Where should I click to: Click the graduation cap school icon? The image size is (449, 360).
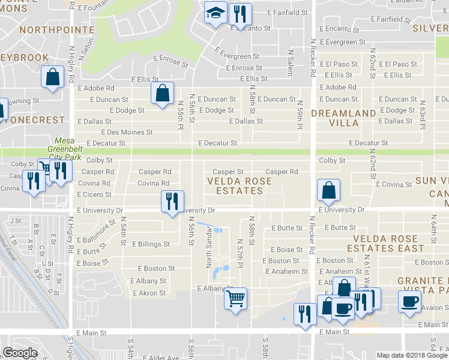[x=214, y=13]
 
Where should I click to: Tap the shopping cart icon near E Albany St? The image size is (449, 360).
[x=236, y=298]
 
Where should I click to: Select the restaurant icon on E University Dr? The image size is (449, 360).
[x=172, y=201]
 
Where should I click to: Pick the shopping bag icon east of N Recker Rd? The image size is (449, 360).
[x=329, y=191]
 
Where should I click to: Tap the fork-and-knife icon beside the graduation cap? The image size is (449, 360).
[x=240, y=13]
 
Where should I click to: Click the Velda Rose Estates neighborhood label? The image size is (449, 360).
[x=235, y=185]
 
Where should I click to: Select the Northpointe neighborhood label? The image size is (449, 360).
[x=56, y=29]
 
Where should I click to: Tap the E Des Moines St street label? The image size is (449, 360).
[x=127, y=132]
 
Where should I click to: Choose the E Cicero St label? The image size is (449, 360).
[x=94, y=194]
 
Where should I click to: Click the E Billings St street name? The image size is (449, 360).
[x=150, y=245]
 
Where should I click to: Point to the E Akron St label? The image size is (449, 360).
[x=144, y=293]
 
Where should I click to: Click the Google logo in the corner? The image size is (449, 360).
[x=20, y=353]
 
